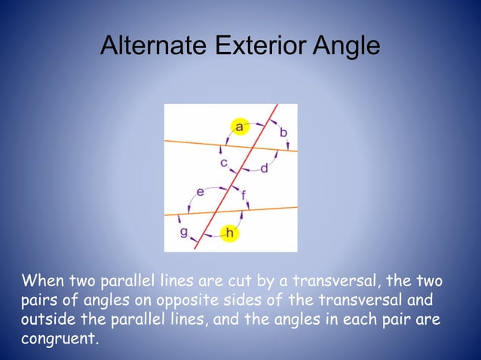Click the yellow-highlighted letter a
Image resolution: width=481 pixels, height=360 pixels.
240,127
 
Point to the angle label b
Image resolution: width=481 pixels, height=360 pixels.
283,133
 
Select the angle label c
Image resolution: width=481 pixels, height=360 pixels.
224,162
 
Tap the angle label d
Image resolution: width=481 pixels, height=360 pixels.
264,167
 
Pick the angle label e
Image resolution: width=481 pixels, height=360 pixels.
200,192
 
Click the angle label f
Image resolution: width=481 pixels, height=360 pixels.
244,195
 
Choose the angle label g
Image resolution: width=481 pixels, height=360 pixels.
183,232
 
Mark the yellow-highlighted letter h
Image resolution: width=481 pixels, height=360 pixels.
229,233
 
